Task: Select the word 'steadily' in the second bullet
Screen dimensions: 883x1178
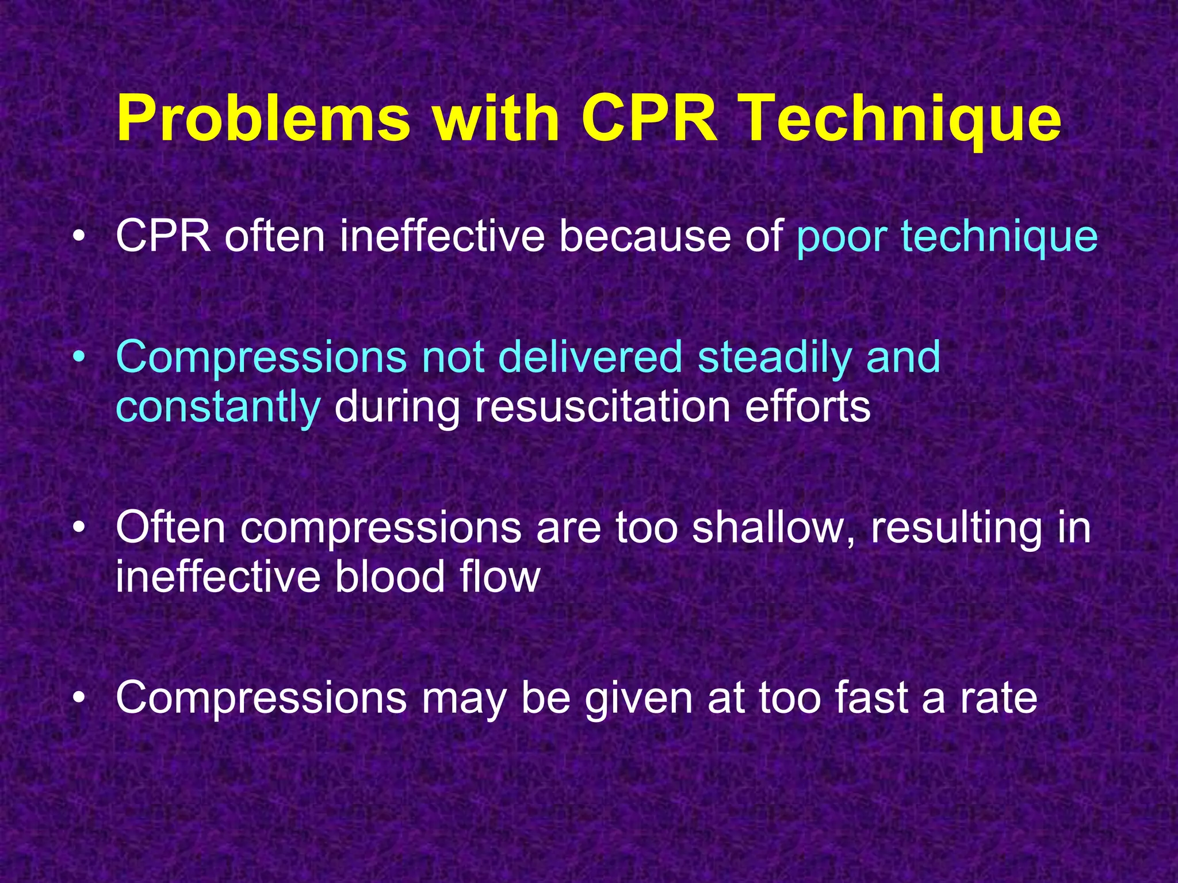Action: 774,357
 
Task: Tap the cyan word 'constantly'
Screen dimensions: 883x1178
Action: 218,407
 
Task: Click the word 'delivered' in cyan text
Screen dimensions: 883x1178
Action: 590,357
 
